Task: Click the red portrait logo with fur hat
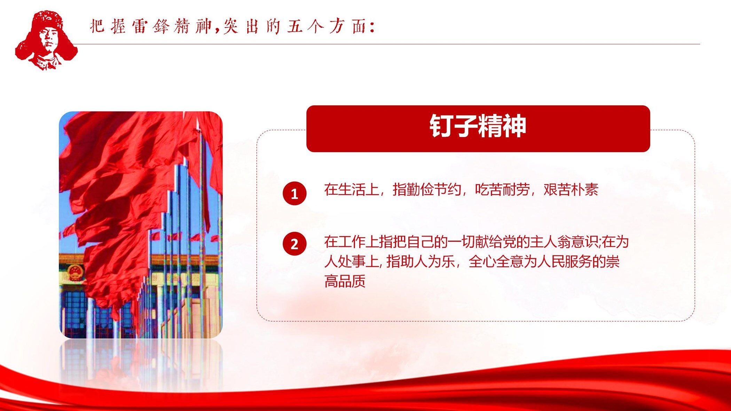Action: (x=46, y=40)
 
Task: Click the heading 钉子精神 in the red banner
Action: (x=478, y=126)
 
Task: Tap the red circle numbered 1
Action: (x=294, y=193)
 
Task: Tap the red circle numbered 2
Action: (x=294, y=244)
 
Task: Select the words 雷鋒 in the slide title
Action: (x=151, y=26)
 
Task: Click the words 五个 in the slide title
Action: (x=306, y=26)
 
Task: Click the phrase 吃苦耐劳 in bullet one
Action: (x=502, y=190)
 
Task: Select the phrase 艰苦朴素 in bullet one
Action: (x=571, y=190)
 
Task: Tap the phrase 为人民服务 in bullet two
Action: (x=557, y=261)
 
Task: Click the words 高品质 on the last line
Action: (x=345, y=281)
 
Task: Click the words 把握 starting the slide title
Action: (x=108, y=26)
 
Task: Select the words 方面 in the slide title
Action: (x=347, y=26)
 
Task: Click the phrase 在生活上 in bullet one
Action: (x=352, y=190)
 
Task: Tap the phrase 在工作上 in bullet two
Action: (x=352, y=242)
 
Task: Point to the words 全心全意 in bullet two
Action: (x=496, y=261)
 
